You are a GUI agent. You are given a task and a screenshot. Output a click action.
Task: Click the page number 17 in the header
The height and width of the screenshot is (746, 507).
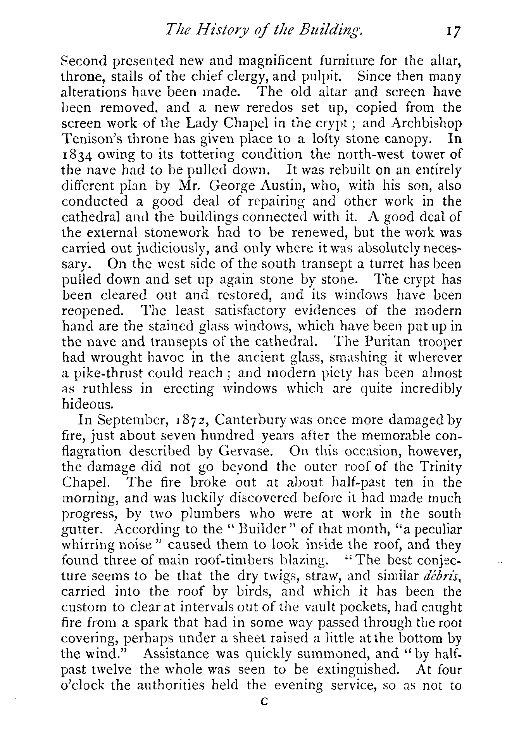point(452,30)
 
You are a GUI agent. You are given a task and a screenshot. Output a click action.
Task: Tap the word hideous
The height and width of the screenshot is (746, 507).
point(87,404)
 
